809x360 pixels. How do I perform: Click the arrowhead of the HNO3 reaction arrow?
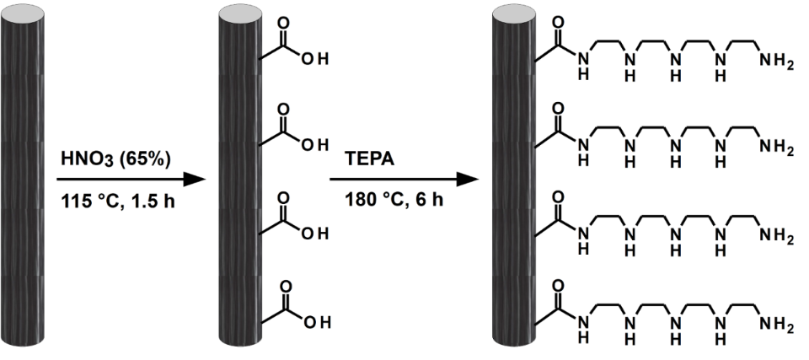(195, 180)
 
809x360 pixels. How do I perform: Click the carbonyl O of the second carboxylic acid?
(282, 110)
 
